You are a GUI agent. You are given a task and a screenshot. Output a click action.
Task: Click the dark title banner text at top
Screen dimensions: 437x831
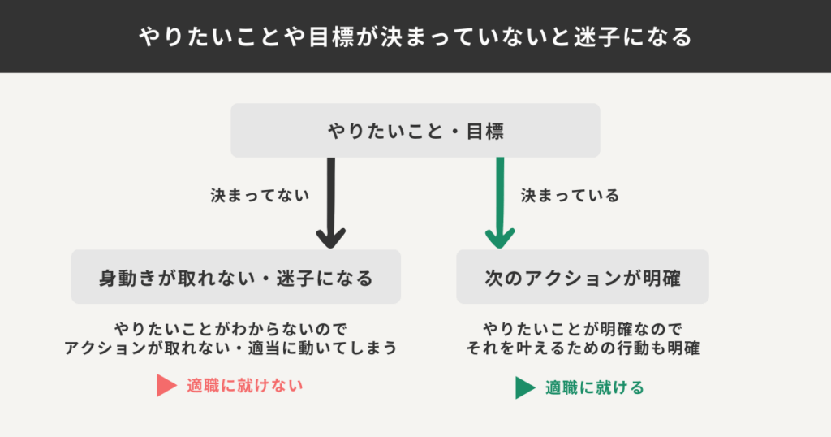click(415, 37)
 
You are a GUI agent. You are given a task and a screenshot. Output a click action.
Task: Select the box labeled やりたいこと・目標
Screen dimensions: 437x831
click(415, 131)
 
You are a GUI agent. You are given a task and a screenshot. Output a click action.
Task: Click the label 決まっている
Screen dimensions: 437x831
click(570, 196)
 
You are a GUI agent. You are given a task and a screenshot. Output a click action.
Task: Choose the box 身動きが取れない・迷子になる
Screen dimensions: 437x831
click(236, 278)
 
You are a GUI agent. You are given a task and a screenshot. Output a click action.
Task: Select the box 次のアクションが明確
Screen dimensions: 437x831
click(582, 278)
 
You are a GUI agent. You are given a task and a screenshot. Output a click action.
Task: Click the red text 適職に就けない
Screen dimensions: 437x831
click(244, 386)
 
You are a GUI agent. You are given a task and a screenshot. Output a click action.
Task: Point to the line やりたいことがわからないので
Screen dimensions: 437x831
click(230, 329)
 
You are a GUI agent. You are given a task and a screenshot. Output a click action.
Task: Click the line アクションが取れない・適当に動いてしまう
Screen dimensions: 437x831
click(230, 348)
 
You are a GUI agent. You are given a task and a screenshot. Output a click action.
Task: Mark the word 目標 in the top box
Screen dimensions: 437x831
click(484, 131)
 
